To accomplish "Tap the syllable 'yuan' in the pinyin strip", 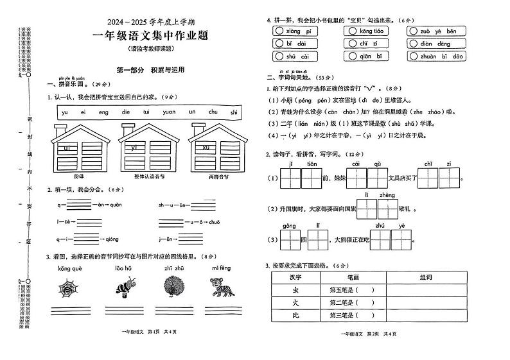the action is [169, 112].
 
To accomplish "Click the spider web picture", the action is [69, 287].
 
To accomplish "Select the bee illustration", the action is [123, 286].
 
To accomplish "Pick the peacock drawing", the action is [173, 286].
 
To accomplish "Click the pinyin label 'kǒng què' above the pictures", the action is [69, 268].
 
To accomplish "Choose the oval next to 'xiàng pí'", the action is [278, 31].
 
